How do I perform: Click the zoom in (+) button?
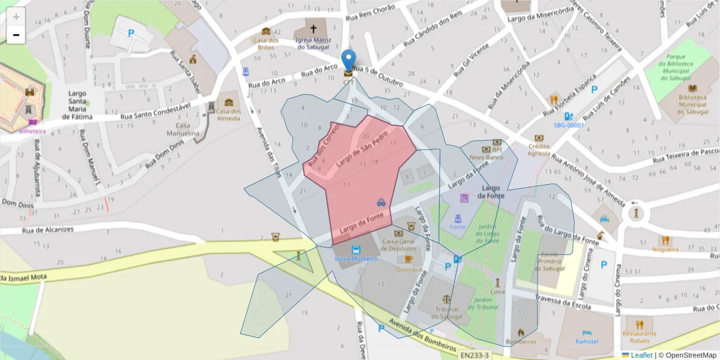[x=16, y=17]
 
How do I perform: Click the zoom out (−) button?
[x=16, y=35]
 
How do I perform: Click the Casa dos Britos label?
[x=266, y=43]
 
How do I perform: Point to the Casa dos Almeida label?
[x=228, y=115]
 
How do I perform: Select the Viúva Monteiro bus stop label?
[x=356, y=259]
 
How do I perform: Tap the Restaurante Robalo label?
[x=640, y=337]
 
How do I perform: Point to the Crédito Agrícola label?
[x=539, y=149]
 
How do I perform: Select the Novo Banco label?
[x=486, y=157]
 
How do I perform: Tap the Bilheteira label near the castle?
[x=32, y=130]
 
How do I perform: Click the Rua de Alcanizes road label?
[x=47, y=229]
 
